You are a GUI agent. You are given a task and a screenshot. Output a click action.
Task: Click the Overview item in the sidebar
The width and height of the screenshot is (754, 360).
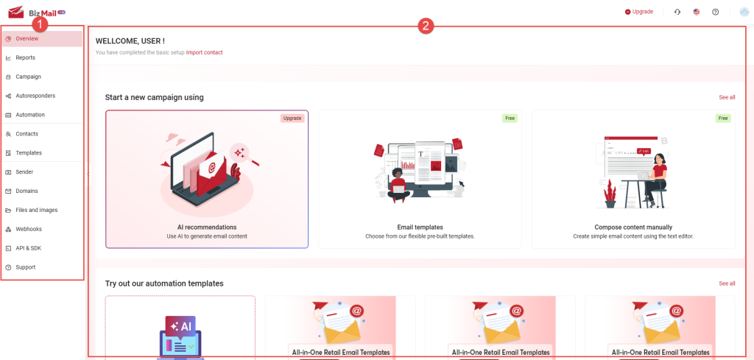27,38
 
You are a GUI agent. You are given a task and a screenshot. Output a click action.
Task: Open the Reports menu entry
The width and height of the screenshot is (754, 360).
25,57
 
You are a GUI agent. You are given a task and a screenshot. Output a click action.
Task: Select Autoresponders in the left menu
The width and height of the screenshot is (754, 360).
35,96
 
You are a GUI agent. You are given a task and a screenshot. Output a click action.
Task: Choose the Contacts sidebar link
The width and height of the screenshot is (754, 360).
27,133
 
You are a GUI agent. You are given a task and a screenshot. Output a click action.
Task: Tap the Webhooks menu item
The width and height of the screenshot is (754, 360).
29,229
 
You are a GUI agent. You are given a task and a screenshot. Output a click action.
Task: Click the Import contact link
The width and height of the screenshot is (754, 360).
205,52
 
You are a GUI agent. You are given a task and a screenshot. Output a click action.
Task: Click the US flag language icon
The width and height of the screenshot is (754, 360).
697,12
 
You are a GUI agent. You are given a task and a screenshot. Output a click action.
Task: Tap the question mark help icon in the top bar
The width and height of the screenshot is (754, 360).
715,12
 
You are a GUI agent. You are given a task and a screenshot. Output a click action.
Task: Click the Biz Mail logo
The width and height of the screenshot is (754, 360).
37,12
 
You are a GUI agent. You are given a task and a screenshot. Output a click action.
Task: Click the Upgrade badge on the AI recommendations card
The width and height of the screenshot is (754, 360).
292,119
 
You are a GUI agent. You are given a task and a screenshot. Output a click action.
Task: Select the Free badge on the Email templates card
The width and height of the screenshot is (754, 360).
510,119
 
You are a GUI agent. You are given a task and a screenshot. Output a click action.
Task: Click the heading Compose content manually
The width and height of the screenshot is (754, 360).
633,227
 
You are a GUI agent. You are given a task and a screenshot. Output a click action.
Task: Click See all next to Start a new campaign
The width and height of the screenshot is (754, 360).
727,97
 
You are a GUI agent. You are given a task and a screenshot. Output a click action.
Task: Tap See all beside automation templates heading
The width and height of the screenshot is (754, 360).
727,283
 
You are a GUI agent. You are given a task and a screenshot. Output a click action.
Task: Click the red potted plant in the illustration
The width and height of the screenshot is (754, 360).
610,194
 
